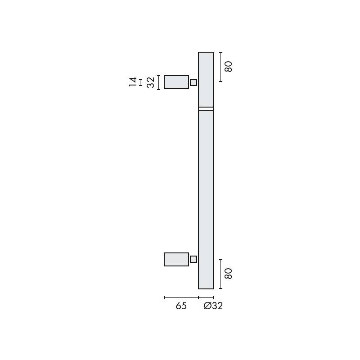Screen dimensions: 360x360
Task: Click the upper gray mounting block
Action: pos(176,82)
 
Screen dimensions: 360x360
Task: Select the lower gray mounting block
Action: pos(176,259)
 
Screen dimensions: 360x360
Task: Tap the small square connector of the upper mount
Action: pos(193,82)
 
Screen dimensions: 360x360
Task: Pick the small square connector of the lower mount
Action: pos(193,259)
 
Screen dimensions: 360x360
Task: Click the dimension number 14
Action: pos(133,82)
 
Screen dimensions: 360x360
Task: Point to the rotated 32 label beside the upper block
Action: pos(150,82)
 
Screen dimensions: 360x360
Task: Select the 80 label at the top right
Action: pos(228,67)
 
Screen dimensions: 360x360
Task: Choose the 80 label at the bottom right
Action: pos(228,274)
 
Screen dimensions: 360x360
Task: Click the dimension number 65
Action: pos(181,306)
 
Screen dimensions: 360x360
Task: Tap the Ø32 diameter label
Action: pos(213,306)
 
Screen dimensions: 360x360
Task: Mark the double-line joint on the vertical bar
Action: pos(206,108)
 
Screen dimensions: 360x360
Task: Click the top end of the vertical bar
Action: pos(206,54)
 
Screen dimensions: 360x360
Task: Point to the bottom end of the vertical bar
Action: pos(206,287)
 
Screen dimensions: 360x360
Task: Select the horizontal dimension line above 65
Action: pos(181,297)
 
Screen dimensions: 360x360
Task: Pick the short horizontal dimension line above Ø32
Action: pos(206,297)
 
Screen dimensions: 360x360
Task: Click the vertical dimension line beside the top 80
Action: pos(220,67)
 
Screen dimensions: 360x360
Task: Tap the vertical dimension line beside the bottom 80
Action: pos(220,274)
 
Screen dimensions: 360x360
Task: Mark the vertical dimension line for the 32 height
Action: pos(159,82)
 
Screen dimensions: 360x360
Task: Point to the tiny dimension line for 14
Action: pos(140,82)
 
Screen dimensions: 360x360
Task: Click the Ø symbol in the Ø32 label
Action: pos(207,306)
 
